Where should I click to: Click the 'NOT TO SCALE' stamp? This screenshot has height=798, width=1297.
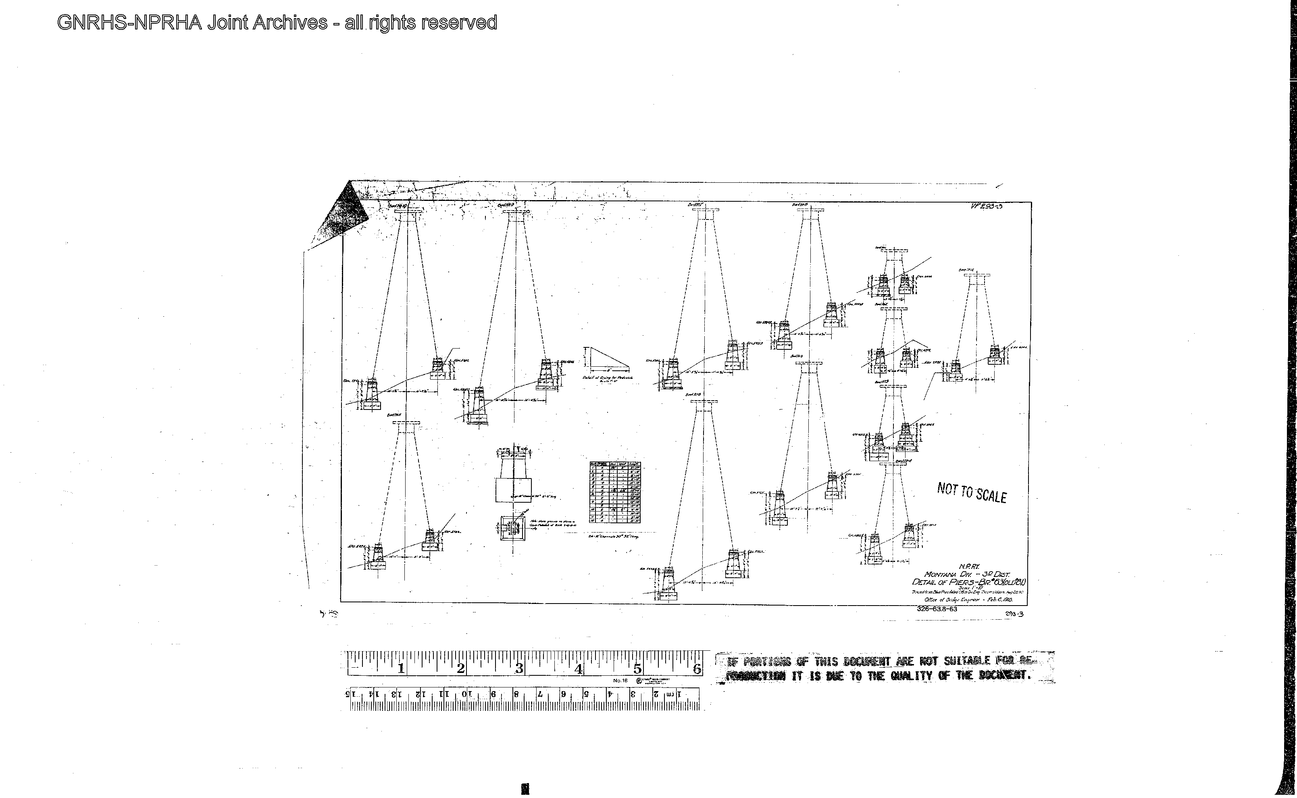[972, 493]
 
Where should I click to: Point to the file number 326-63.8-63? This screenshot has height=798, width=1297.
[937, 608]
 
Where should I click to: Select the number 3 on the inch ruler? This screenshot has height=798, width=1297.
[519, 668]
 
